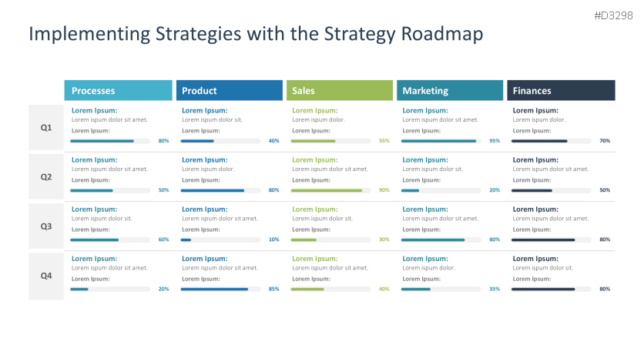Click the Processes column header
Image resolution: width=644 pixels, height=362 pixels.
pos(119,90)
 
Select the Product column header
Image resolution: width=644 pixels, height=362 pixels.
pos(230,90)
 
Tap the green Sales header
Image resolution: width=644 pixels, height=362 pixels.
pos(340,90)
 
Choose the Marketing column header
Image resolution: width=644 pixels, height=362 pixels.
pos(450,90)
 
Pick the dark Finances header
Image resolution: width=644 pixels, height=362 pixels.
pos(561,90)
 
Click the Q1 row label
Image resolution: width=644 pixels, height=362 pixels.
pos(46,128)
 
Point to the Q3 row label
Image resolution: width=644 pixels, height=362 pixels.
pos(46,226)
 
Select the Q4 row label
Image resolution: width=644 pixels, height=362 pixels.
pos(46,276)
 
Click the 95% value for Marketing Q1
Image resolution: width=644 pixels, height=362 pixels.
pos(495,141)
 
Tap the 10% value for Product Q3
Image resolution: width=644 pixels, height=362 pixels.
pos(274,240)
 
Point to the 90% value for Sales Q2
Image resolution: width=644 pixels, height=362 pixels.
pos(384,190)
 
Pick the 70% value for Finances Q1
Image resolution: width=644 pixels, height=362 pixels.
pos(605,141)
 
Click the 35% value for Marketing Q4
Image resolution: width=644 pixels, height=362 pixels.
pos(495,289)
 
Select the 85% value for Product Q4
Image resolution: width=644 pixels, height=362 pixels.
pos(274,289)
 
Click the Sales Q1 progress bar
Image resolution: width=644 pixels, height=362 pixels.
pos(330,141)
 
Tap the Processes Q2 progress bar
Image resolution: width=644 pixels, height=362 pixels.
pos(110,190)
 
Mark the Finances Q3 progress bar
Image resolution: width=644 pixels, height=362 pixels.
pos(552,240)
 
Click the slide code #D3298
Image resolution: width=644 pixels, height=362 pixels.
pos(614,15)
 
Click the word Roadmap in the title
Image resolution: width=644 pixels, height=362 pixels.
pos(442,34)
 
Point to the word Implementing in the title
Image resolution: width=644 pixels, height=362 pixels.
pos(89,34)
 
